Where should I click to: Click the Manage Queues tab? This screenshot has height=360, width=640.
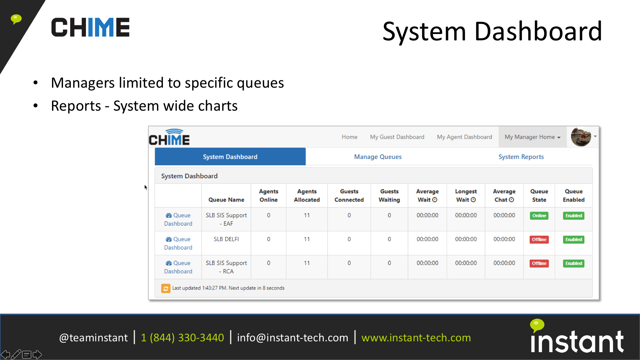378,157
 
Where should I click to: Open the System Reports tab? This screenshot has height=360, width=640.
521,157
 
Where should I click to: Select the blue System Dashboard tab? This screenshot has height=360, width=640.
230,157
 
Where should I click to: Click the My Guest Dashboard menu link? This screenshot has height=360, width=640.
397,137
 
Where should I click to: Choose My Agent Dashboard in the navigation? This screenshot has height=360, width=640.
464,137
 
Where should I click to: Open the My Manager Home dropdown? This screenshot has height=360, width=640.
532,137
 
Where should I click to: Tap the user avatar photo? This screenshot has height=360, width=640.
581,137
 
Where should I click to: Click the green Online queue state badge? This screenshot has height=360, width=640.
539,216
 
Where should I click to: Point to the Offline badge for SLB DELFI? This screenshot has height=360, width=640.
539,240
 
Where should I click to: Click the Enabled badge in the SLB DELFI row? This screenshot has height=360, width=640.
574,240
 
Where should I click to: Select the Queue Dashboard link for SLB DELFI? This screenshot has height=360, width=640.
178,243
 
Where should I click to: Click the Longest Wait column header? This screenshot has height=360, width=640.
466,196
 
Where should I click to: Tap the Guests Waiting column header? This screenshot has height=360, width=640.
389,196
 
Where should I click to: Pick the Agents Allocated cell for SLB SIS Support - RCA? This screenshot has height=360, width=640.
307,263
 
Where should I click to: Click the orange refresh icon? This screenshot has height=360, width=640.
166,288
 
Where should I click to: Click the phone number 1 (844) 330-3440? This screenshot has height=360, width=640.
182,338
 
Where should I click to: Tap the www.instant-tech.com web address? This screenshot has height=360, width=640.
416,338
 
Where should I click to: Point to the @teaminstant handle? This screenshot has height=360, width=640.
93,338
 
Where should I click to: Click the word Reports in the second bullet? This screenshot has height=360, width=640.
76,106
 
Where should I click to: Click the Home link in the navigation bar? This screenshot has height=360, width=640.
349,137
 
